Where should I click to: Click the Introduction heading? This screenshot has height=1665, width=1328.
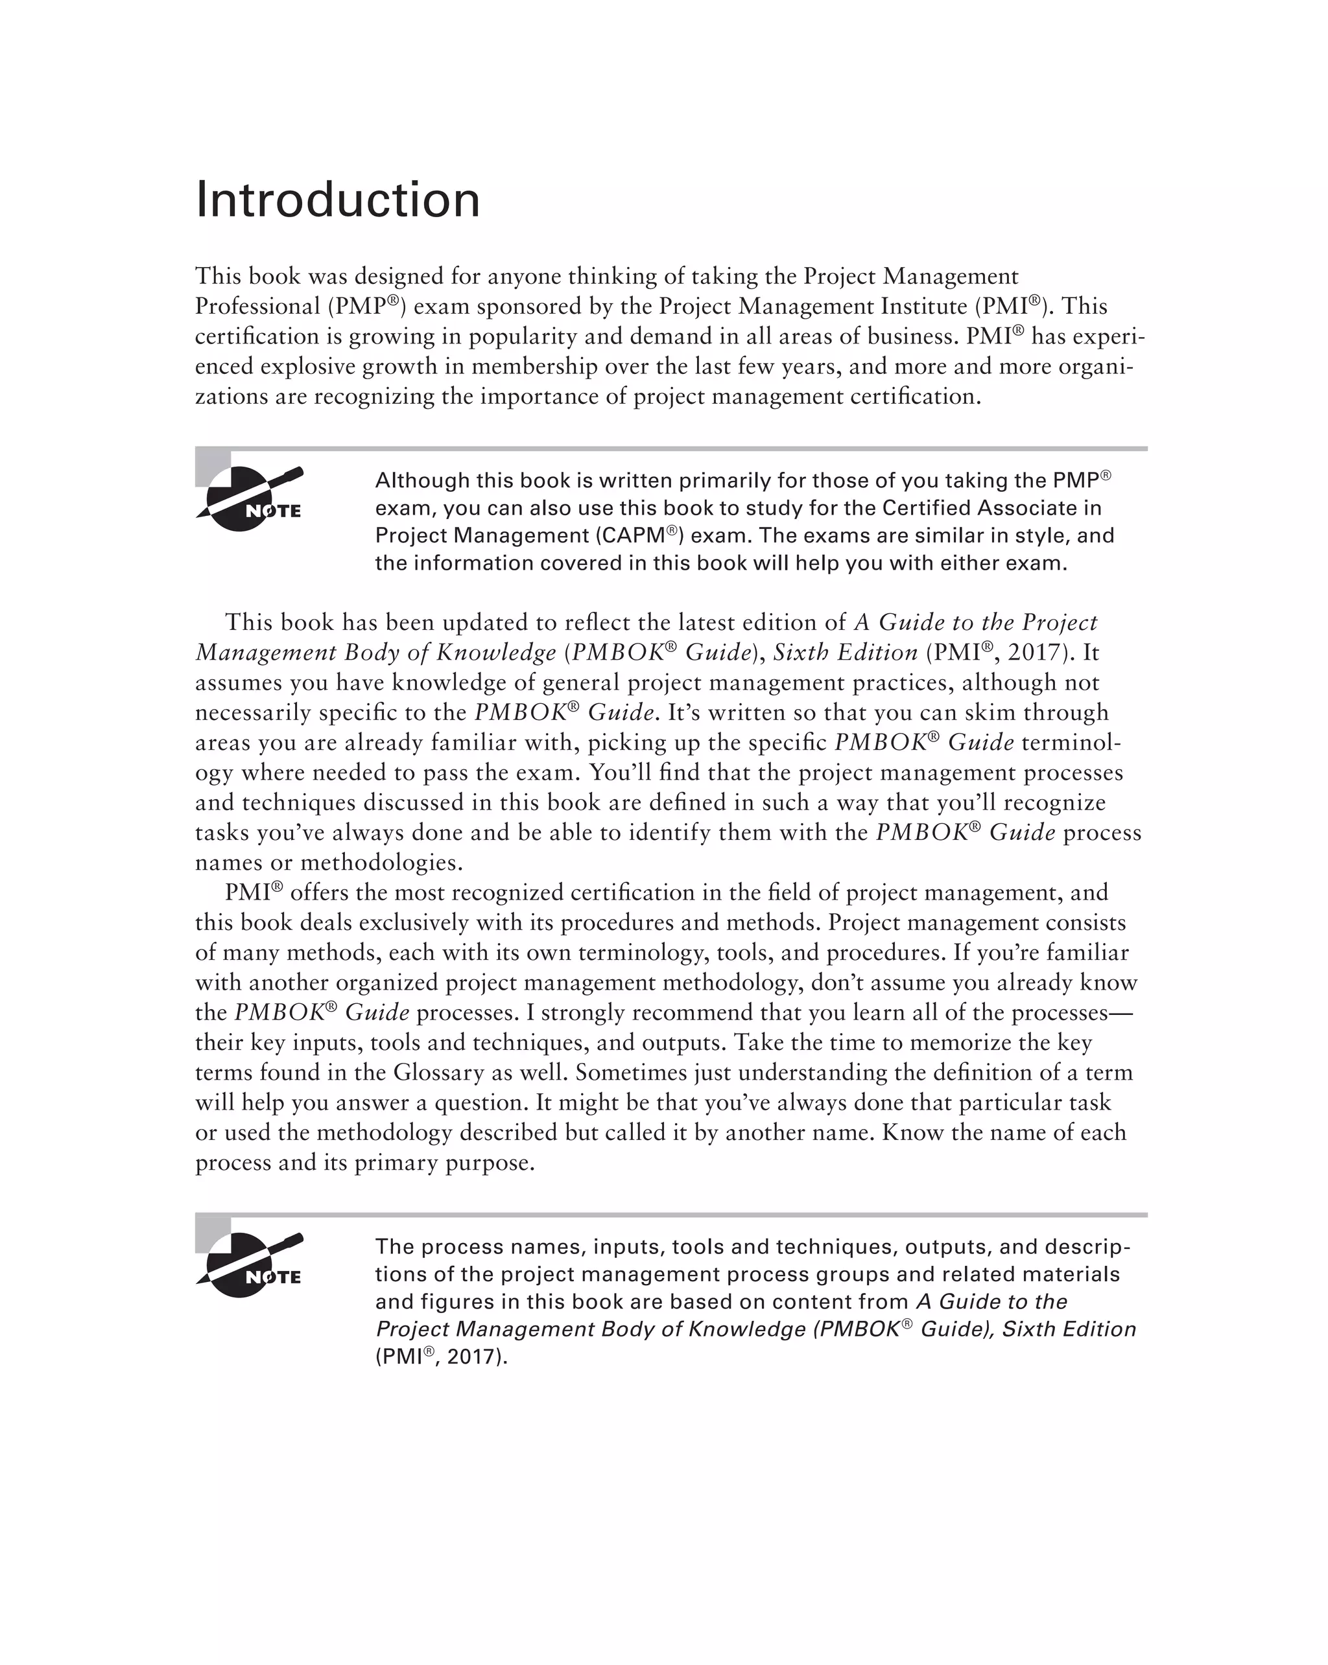[x=338, y=200]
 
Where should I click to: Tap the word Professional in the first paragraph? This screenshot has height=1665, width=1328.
[x=257, y=307]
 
